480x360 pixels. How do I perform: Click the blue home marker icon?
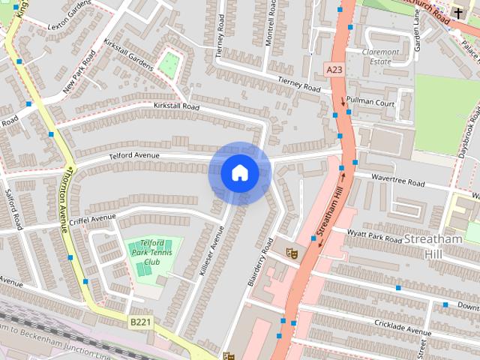239,173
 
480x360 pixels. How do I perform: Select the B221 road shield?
140,322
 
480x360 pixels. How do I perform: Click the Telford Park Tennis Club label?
152,252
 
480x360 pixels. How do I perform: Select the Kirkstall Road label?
176,107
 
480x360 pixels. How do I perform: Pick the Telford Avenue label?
135,155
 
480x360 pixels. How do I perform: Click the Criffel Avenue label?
93,218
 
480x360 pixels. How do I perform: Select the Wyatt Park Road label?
374,236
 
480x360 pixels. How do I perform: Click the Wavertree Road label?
398,181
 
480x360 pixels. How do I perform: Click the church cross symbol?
458,13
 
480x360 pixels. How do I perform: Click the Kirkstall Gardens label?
129,54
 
